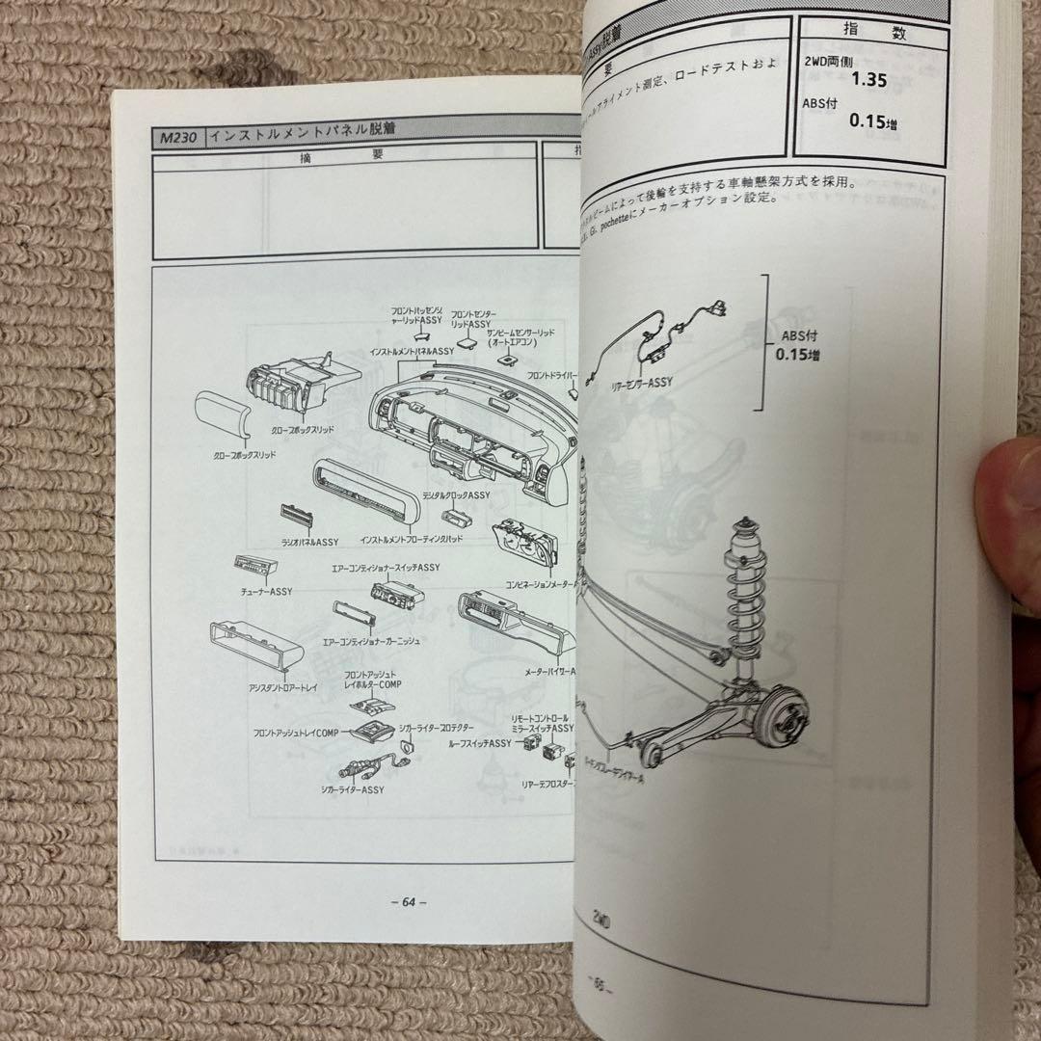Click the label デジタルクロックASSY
pos(458,495)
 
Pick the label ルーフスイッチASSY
pos(485,744)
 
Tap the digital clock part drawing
pos(456,517)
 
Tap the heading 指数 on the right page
pos(861,32)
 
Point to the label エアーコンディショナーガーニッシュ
pos(377,640)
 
